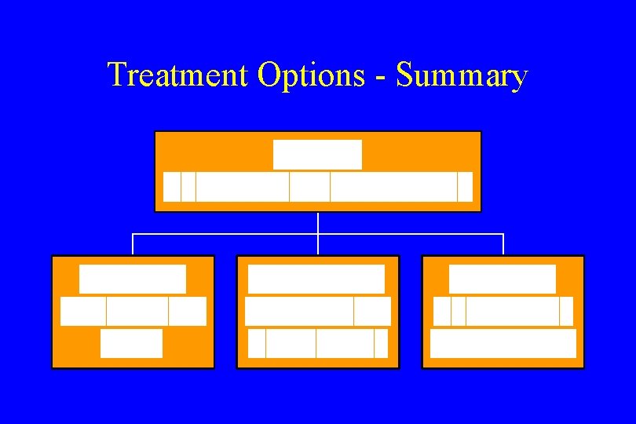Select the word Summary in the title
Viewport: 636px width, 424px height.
[x=462, y=75]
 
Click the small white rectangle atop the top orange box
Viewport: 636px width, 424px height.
[x=317, y=155]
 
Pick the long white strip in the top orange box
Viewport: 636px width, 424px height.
[x=317, y=187]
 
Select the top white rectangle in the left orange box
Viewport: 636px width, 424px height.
[x=133, y=280]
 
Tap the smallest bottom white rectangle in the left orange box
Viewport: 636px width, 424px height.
[x=132, y=343]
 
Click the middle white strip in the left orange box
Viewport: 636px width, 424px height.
[x=133, y=311]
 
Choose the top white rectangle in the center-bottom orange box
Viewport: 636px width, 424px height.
[x=316, y=280]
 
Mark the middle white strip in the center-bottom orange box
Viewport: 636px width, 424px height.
[x=317, y=311]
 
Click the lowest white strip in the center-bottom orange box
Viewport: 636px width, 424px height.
[x=317, y=343]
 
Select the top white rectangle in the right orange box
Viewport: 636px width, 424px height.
[x=503, y=280]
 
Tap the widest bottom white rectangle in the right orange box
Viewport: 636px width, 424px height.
[x=503, y=343]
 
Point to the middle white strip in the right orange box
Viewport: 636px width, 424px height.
[x=503, y=311]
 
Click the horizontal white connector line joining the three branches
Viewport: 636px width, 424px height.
[x=236, y=234]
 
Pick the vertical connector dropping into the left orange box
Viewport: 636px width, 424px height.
[x=133, y=245]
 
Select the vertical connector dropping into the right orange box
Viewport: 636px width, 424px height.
[x=503, y=245]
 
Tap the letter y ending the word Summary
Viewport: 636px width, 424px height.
[x=518, y=79]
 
